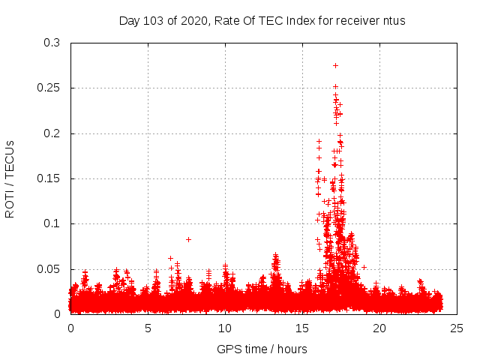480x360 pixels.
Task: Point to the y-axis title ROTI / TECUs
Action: (10, 178)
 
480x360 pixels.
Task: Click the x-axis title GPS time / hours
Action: (262, 349)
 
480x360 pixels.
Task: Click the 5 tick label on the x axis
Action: (148, 328)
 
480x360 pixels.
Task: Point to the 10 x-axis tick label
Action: (225, 328)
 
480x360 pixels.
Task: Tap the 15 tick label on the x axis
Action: (302, 328)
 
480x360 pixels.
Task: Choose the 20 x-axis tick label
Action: (379, 328)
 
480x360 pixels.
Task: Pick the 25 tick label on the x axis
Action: (457, 328)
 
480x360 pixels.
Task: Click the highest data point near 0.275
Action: (335, 65)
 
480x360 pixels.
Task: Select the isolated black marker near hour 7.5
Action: (188, 239)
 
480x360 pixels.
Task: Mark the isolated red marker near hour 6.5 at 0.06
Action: (171, 258)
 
